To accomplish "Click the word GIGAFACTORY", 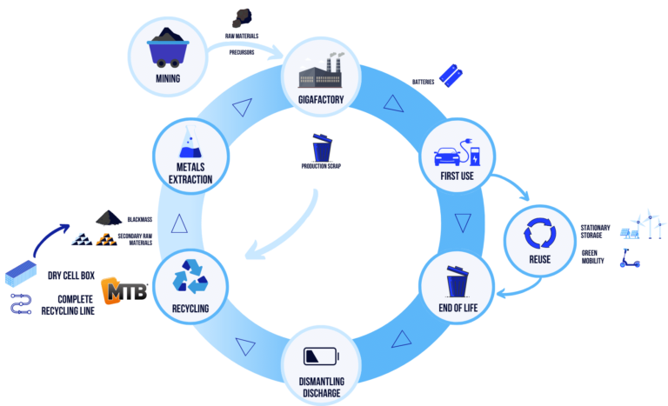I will [321, 99].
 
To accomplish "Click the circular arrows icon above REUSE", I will [539, 233].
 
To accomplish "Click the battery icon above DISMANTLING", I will [322, 356].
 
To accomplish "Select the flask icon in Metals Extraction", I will [190, 142].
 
